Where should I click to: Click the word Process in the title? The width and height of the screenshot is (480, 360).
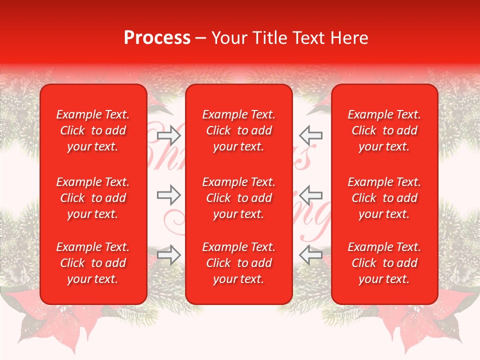[x=157, y=38]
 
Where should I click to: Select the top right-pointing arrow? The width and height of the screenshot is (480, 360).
[x=168, y=135]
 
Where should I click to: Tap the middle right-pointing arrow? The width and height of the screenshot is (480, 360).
[x=168, y=195]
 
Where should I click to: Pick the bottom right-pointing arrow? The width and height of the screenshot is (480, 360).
[x=168, y=255]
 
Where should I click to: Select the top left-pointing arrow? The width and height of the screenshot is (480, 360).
[x=311, y=135]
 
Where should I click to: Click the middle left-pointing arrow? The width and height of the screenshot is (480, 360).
[x=311, y=195]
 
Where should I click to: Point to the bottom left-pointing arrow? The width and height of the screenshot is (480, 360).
[x=311, y=255]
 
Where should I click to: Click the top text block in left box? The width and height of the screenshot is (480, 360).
[x=93, y=130]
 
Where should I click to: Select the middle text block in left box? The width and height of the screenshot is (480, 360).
[x=93, y=198]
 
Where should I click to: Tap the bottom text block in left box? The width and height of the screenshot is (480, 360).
[x=93, y=263]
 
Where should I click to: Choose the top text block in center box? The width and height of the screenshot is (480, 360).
[x=238, y=130]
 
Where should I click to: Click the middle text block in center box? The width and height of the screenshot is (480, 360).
[x=238, y=198]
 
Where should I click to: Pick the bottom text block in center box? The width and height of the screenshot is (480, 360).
[x=238, y=263]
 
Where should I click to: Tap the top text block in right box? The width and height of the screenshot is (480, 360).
[x=384, y=130]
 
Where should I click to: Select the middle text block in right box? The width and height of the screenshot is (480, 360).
[x=384, y=198]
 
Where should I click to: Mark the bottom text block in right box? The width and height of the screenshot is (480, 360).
[x=384, y=263]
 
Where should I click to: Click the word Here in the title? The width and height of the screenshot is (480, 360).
[x=349, y=38]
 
